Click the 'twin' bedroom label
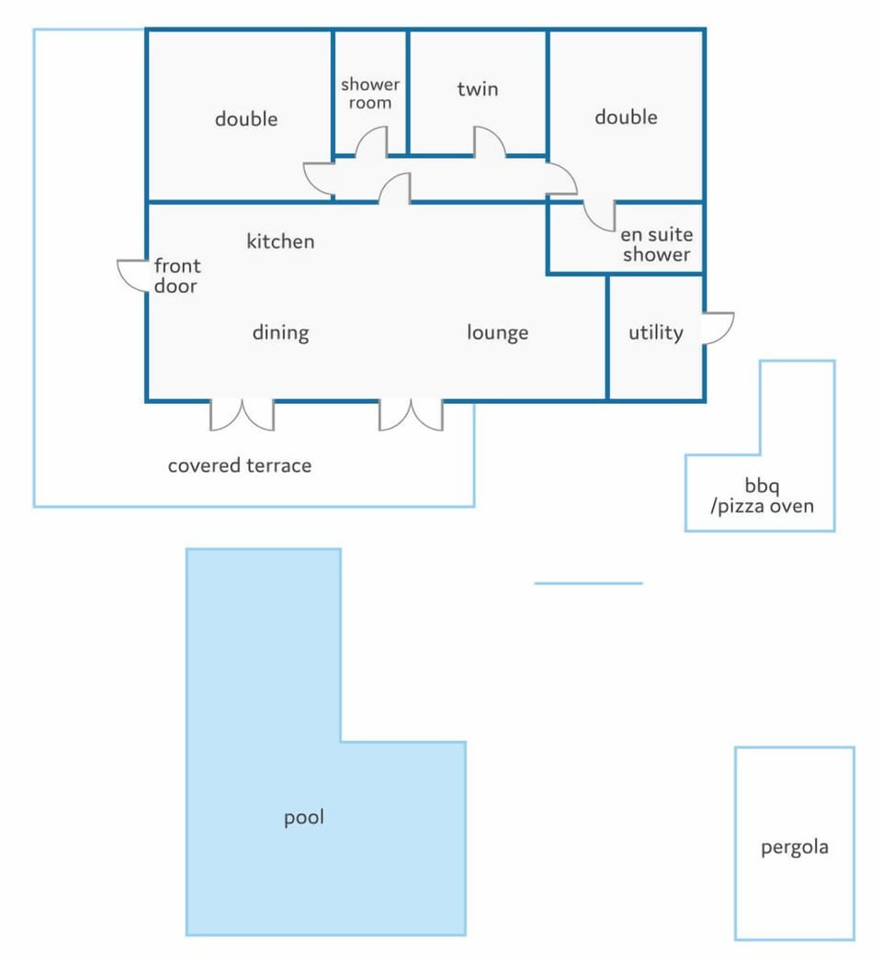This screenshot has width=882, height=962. [477, 90]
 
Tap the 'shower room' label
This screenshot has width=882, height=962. [369, 94]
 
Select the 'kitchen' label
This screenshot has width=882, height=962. [281, 241]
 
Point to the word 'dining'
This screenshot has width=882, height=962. [281, 333]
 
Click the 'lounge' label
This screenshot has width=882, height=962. [498, 333]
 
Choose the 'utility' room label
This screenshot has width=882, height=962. [655, 332]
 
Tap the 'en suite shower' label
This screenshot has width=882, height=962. [657, 244]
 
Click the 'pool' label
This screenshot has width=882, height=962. [303, 818]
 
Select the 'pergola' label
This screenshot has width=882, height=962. [795, 848]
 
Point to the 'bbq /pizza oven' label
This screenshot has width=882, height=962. [762, 496]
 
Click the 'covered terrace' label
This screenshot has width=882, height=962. [240, 465]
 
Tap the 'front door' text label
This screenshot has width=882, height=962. [177, 276]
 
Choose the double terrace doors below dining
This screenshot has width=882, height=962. [242, 415]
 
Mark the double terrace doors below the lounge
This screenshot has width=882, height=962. [411, 415]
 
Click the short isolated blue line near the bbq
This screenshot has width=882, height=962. [588, 583]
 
